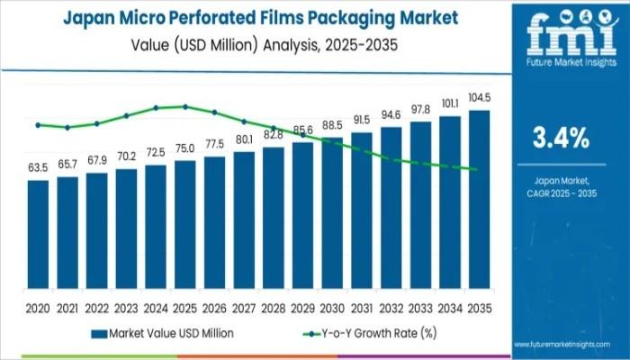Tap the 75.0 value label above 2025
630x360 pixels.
tap(184, 148)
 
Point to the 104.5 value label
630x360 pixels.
tap(479, 97)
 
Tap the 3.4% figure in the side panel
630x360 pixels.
tap(561, 139)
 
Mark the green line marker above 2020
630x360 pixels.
tap(38, 125)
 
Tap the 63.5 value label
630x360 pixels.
tap(38, 167)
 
